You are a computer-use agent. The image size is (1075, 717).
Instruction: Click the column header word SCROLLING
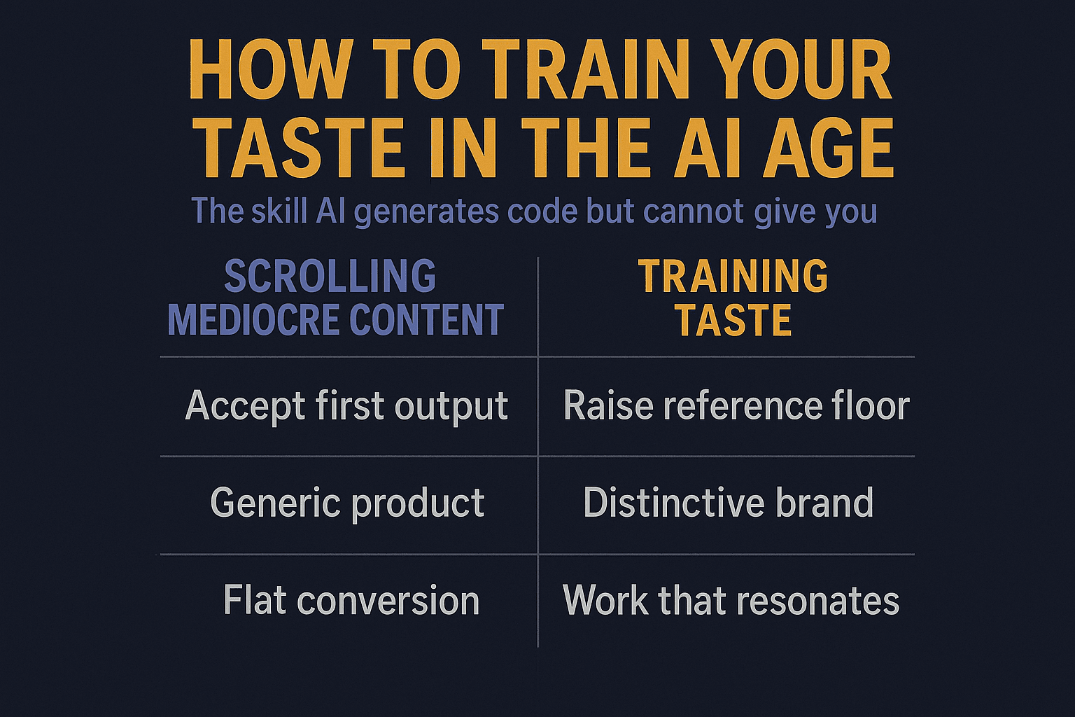330,276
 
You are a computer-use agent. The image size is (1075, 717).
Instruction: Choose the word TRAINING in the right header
733,276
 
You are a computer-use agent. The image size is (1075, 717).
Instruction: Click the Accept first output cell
346,406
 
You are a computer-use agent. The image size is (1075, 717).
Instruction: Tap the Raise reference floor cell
736,406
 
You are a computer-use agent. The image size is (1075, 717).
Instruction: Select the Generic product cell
347,503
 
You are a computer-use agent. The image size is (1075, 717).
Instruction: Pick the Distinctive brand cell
728,503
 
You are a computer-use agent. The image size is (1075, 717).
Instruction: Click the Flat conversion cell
351,601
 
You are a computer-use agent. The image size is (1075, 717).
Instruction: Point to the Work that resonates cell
731,601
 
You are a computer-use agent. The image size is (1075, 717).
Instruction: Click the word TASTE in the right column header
733,320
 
